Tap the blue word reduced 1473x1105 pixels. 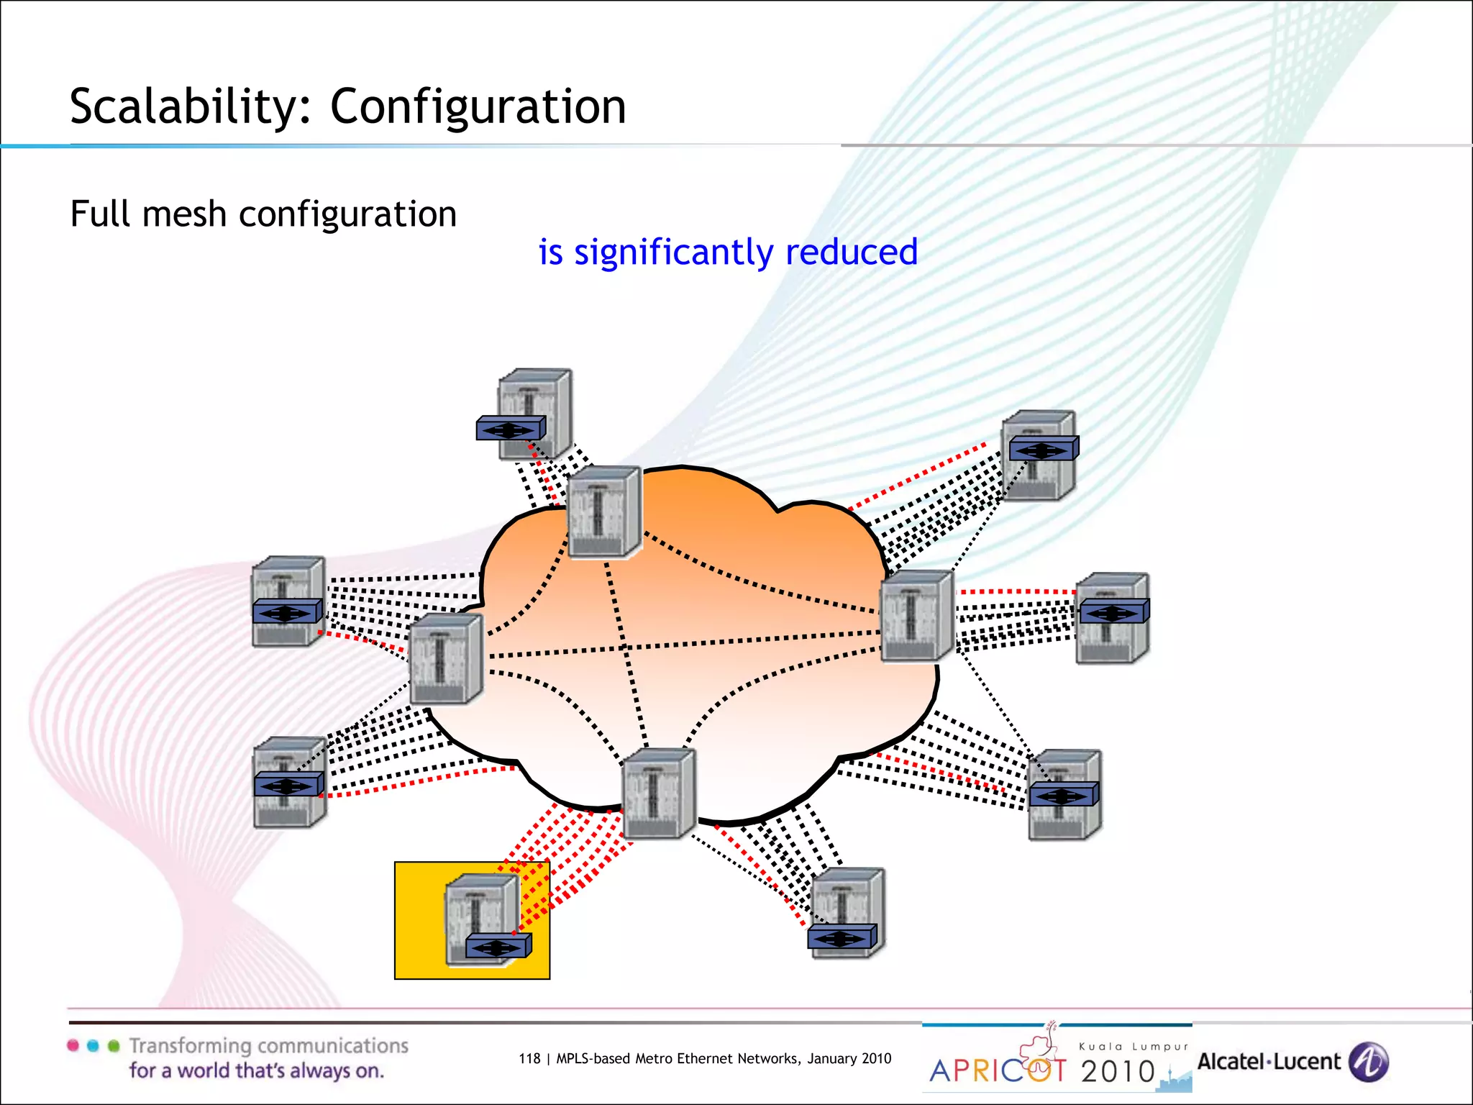coord(852,252)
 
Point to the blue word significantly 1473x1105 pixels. coord(674,253)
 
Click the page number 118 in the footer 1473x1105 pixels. coord(529,1058)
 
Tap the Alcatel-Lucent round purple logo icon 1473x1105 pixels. coord(1368,1062)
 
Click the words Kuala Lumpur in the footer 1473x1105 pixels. coord(1134,1047)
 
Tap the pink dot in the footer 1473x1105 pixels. coord(73,1045)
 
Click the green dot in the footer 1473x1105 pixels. coord(114,1045)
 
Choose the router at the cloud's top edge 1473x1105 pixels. coord(604,511)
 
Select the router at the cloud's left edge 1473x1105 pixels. coord(446,659)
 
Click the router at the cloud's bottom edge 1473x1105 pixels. coord(658,793)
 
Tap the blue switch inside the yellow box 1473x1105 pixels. coord(498,946)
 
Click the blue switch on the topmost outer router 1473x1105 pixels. coord(511,429)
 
